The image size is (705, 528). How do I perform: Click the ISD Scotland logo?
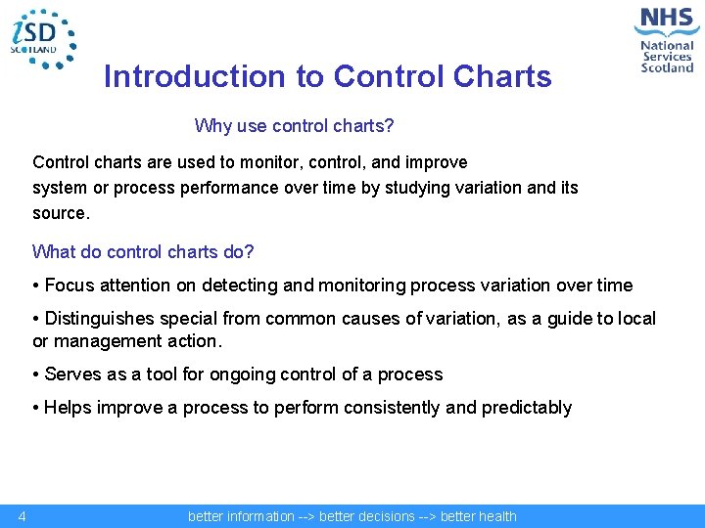(x=41, y=37)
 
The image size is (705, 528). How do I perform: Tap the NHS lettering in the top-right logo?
(x=667, y=20)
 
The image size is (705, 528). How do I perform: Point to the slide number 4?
(x=22, y=516)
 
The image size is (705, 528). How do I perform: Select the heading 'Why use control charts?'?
(x=294, y=126)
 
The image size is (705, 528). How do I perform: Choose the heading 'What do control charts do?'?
(x=143, y=251)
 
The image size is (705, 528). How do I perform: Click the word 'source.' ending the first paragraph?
(x=61, y=212)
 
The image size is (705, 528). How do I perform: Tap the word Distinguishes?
(x=103, y=319)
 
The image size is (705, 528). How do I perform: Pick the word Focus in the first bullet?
(x=69, y=286)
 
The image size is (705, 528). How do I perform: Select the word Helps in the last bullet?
(x=68, y=408)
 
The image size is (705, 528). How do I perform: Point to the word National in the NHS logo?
(x=667, y=45)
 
